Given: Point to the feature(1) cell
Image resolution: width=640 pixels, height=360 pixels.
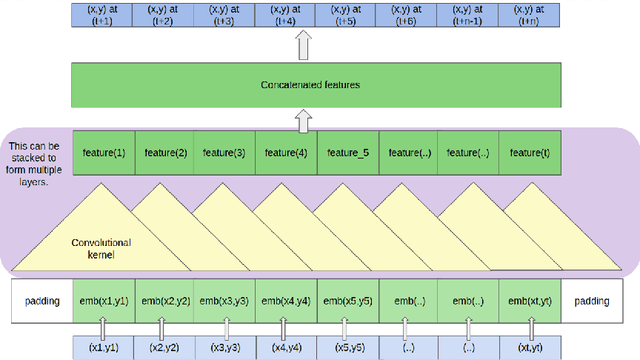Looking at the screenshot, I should pyautogui.click(x=103, y=152).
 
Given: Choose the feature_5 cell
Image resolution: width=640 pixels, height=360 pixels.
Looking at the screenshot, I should pyautogui.click(x=349, y=152).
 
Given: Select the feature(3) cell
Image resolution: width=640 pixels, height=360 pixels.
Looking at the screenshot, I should pyautogui.click(x=225, y=152).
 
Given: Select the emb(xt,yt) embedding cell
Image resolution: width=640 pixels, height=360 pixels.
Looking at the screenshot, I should pyautogui.click(x=529, y=300).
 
